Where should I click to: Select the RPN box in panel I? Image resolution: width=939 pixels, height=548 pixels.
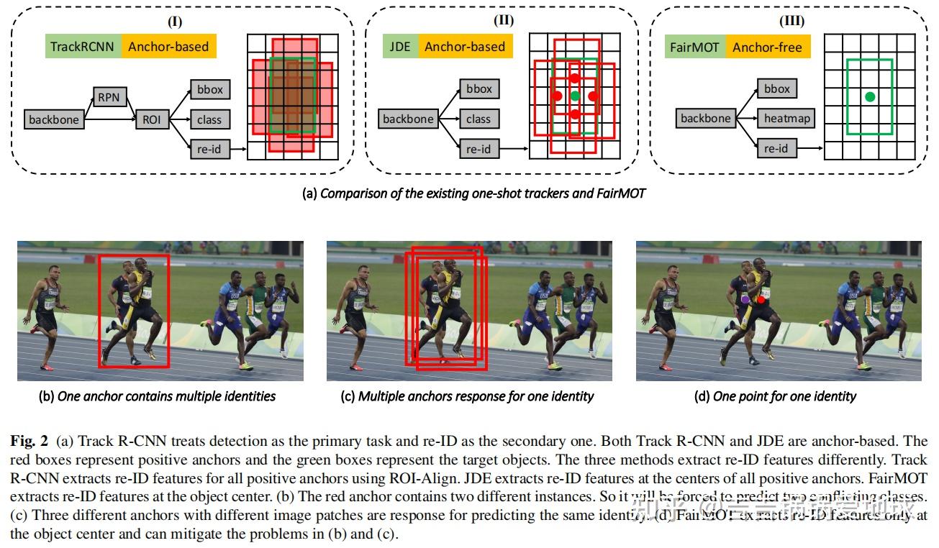click(x=109, y=96)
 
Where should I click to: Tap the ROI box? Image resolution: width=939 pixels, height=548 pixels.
click(x=151, y=119)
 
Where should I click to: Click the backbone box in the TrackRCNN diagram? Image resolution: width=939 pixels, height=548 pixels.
click(x=53, y=119)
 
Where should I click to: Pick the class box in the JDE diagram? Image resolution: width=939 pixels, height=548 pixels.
click(x=478, y=119)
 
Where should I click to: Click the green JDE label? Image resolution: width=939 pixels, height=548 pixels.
click(x=399, y=47)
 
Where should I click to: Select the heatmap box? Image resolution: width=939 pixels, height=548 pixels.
click(x=786, y=119)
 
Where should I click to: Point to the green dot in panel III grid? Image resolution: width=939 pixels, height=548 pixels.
click(x=870, y=96)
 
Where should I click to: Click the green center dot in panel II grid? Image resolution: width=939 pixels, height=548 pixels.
click(x=574, y=96)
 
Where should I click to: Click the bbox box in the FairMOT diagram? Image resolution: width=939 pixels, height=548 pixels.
click(x=776, y=89)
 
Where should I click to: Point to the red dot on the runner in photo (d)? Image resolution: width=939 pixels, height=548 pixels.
click(x=761, y=298)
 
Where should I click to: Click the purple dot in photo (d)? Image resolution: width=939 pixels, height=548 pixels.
click(x=745, y=297)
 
